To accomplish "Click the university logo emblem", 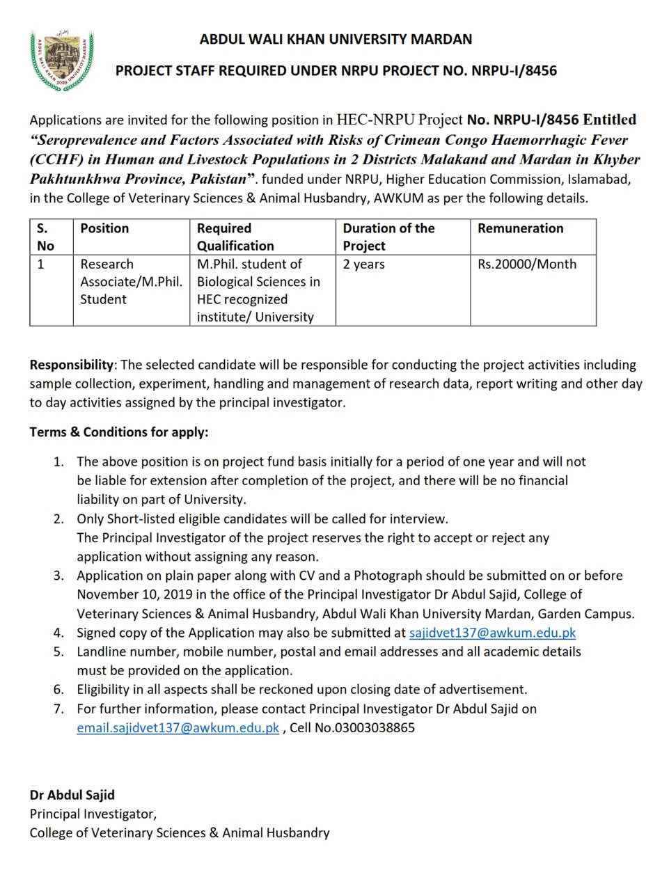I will tap(61, 61).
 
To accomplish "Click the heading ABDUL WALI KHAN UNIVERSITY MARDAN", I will tap(336, 39).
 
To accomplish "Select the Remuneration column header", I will tap(520, 228).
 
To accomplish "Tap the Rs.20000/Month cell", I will tap(527, 264).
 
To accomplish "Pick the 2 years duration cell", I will tap(364, 264).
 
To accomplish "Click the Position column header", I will tap(104, 228).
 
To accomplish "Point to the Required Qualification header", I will tap(235, 237).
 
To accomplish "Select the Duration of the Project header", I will tap(388, 237).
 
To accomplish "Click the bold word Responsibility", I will tap(71, 365).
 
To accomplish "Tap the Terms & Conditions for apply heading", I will tap(119, 432).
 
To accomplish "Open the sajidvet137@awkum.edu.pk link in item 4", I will tap(492, 633).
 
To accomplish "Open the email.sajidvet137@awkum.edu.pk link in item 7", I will tap(178, 727).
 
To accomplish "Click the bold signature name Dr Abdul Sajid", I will tap(72, 794).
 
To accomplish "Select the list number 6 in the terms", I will tap(59, 689).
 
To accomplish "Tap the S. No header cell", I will tap(45, 237).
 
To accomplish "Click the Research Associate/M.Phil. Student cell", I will tap(131, 282).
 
